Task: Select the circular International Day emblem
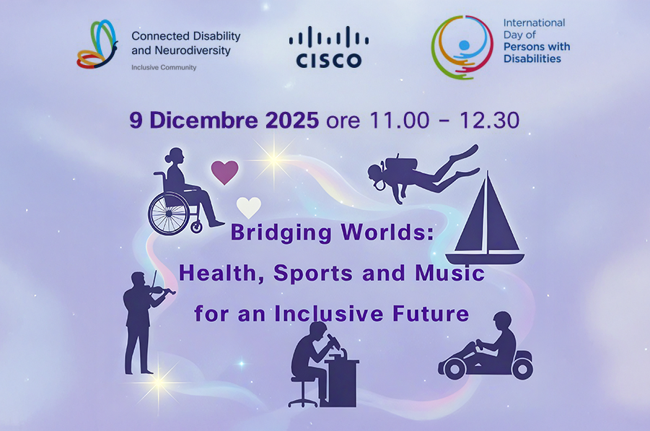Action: click(462, 47)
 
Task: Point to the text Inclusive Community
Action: click(164, 67)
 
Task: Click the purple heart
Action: click(224, 172)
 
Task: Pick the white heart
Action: click(249, 207)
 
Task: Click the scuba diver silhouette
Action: click(418, 174)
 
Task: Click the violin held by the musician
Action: click(159, 291)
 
